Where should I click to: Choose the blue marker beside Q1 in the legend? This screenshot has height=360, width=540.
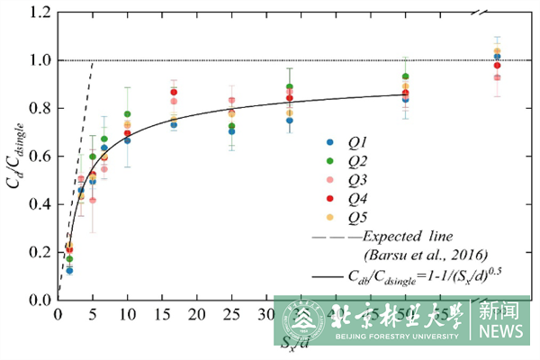click(x=329, y=142)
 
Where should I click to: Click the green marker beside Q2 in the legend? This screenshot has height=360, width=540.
click(x=329, y=161)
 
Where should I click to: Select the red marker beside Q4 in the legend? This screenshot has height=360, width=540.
click(x=329, y=198)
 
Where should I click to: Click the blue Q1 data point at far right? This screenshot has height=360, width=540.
click(x=497, y=57)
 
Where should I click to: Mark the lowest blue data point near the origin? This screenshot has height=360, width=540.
click(x=69, y=270)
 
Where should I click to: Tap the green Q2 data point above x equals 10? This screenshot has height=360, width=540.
click(x=127, y=114)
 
